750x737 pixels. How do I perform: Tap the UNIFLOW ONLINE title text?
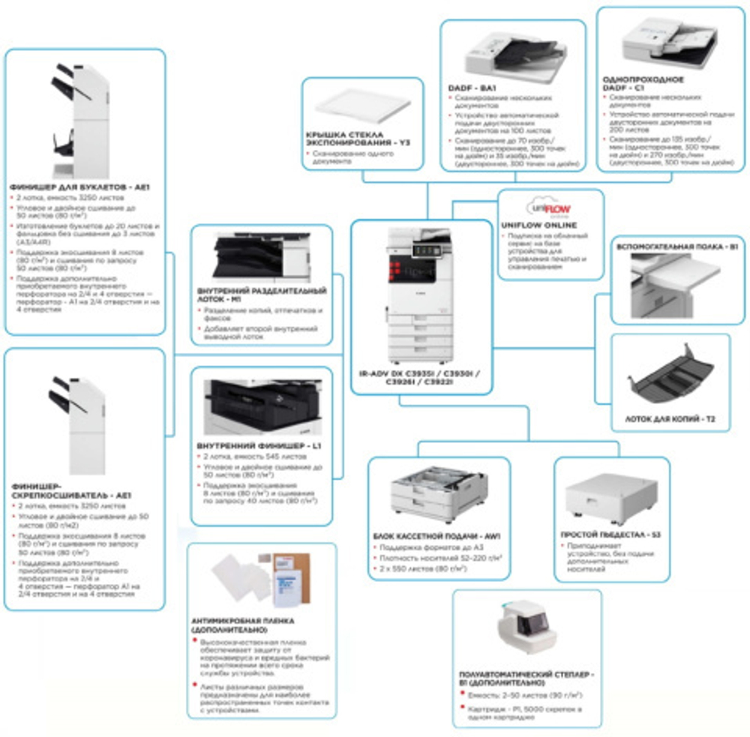[538, 224]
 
